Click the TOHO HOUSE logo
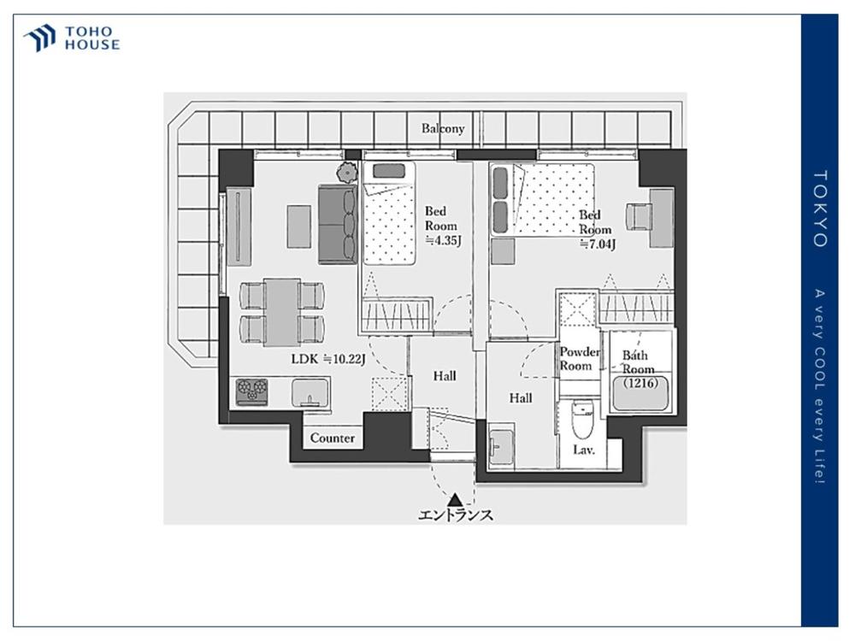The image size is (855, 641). click(x=72, y=38)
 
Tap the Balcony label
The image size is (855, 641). click(x=443, y=129)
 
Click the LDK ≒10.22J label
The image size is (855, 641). click(x=327, y=359)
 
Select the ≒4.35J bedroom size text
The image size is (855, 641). click(x=443, y=240)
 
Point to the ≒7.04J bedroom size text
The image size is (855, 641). click(x=598, y=244)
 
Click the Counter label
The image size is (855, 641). click(x=332, y=438)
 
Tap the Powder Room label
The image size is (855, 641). click(x=579, y=359)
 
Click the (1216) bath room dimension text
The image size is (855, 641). click(x=640, y=383)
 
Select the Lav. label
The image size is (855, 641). click(x=583, y=450)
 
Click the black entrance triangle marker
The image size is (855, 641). click(x=456, y=499)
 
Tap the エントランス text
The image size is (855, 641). click(x=456, y=515)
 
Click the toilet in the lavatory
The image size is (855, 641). click(x=582, y=419)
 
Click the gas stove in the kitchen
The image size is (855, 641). click(x=251, y=392)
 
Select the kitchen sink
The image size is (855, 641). click(x=310, y=393)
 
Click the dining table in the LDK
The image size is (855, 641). click(x=282, y=312)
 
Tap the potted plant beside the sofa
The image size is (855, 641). click(x=345, y=173)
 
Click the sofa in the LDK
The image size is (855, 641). click(x=338, y=224)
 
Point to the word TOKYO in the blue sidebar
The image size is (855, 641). click(x=820, y=209)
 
